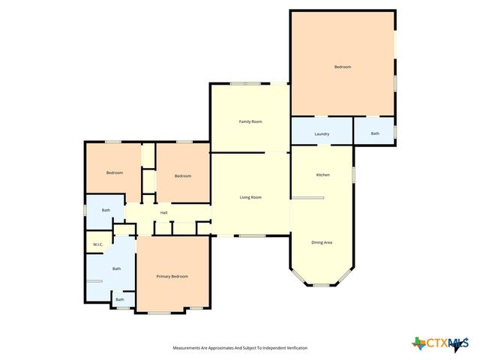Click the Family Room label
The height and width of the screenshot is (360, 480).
click(x=250, y=121)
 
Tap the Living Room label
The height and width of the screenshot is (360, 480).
click(x=250, y=197)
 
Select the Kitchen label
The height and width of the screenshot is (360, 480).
click(x=322, y=175)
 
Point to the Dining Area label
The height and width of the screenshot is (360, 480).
click(x=322, y=242)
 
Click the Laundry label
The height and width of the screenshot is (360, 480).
click(x=322, y=134)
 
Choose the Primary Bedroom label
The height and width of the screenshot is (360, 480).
click(x=172, y=277)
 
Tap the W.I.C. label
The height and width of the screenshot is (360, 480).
click(x=97, y=244)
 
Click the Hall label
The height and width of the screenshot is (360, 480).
click(x=163, y=213)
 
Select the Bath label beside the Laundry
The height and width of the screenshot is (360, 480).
click(x=375, y=133)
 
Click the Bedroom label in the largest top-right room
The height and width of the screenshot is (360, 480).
click(x=343, y=67)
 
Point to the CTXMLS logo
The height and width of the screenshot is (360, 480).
click(x=440, y=344)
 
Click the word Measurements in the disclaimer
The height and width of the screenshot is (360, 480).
click(x=187, y=348)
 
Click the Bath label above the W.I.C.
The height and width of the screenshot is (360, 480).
click(x=106, y=210)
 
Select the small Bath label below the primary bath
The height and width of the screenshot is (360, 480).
click(x=120, y=300)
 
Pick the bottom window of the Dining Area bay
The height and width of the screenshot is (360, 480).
click(x=322, y=285)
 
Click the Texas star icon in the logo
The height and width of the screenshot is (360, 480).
click(x=418, y=343)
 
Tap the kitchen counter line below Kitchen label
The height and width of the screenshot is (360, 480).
click(x=307, y=198)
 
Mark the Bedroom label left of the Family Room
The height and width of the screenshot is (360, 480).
click(x=183, y=176)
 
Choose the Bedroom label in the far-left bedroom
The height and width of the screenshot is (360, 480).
click(x=114, y=173)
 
